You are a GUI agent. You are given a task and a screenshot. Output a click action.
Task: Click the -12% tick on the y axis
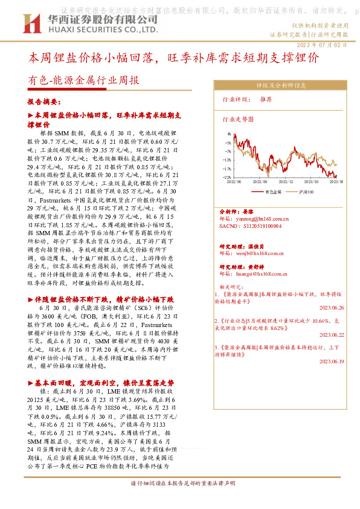point(227,160)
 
